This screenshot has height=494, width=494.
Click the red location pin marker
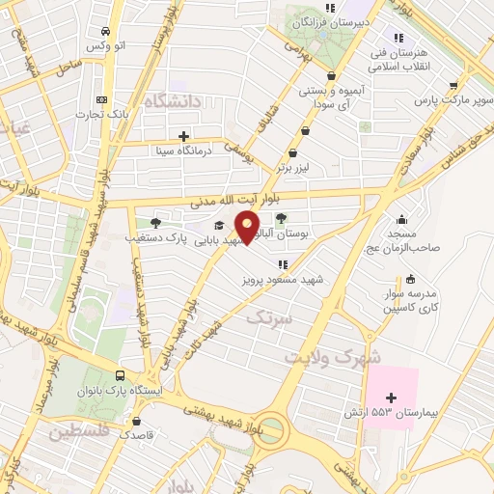click(x=248, y=228)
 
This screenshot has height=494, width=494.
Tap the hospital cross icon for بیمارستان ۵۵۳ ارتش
click(x=391, y=398)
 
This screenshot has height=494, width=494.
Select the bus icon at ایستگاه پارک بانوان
click(x=120, y=376)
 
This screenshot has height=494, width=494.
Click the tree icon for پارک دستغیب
click(x=155, y=222)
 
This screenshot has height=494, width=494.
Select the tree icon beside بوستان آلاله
click(x=294, y=219)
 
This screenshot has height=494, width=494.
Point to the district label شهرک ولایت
click(x=328, y=357)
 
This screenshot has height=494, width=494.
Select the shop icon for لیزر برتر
click(x=293, y=152)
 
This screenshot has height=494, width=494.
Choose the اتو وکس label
click(x=106, y=46)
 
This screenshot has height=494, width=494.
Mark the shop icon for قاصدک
click(x=136, y=421)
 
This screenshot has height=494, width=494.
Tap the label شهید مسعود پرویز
click(x=283, y=280)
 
